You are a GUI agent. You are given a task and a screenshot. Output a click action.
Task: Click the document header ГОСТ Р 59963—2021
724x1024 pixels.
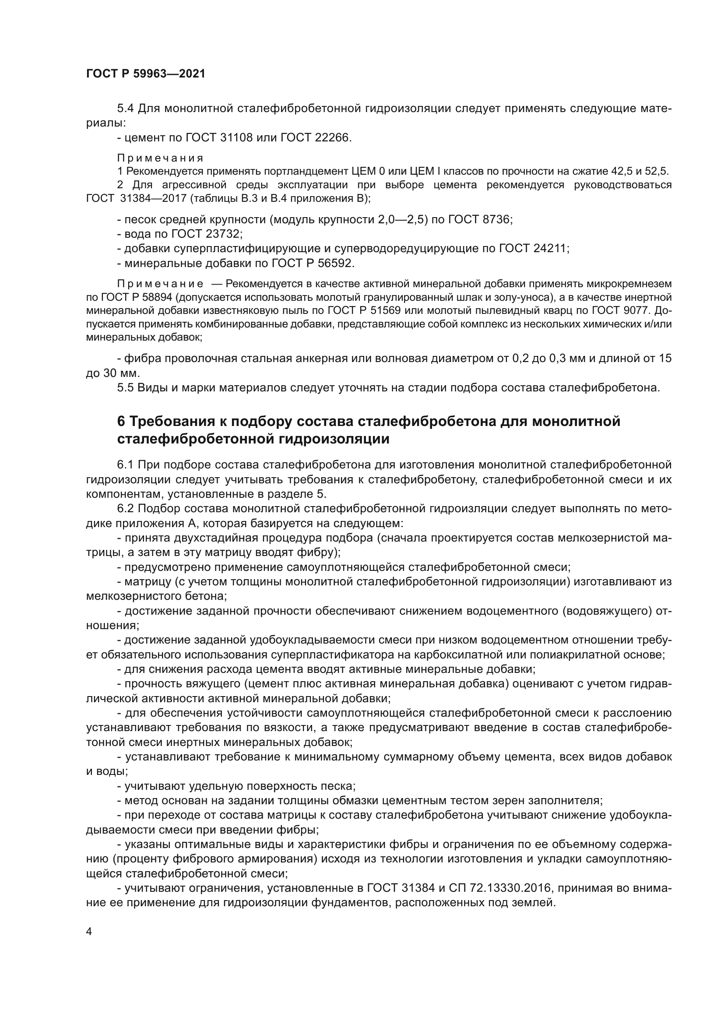coord(145,74)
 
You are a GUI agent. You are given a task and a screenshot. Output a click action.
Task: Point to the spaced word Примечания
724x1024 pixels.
coord(160,158)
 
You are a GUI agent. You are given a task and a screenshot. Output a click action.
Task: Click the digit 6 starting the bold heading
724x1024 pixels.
coord(121,421)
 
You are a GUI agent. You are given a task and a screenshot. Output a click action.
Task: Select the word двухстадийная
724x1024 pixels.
coord(223,538)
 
